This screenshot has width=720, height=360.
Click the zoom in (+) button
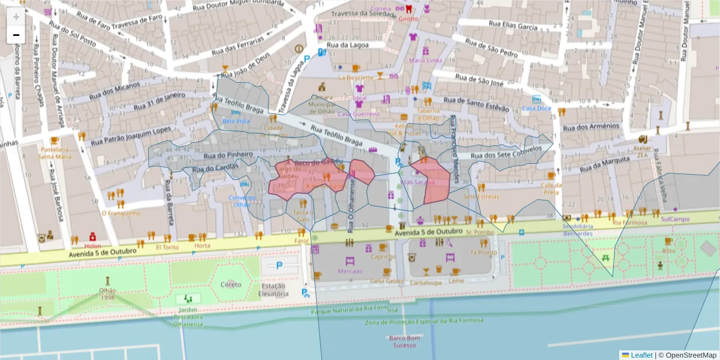[x=16, y=16]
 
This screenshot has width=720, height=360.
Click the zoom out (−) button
[x=16, y=35]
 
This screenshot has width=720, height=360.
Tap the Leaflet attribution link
[x=641, y=355]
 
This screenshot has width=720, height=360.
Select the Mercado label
[x=350, y=271]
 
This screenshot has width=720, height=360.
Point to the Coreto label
[x=231, y=284]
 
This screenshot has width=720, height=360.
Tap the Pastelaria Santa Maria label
[x=55, y=152]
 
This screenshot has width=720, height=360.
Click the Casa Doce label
[x=536, y=108]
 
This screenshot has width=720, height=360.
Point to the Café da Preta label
[x=551, y=188]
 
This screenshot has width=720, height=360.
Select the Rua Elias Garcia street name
[x=512, y=26]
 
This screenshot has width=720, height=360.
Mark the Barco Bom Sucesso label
[x=404, y=341]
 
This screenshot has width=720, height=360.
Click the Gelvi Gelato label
[x=387, y=281]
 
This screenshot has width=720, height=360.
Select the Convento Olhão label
[x=241, y=201]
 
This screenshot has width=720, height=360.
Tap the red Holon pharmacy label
[x=92, y=246]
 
